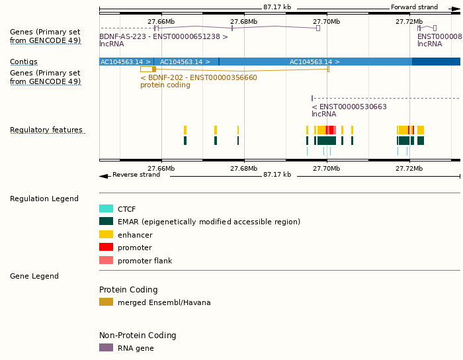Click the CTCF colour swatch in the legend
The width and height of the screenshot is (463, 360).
click(x=106, y=208)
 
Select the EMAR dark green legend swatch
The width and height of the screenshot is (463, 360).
click(x=106, y=221)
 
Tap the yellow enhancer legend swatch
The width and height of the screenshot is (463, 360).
click(x=106, y=234)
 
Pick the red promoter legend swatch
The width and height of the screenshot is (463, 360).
click(x=106, y=247)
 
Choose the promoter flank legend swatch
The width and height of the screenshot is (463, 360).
click(x=106, y=260)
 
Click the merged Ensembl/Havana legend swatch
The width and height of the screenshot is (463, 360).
click(x=106, y=302)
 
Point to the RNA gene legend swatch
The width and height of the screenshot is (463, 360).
click(x=106, y=347)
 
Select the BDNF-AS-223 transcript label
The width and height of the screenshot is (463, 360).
click(x=163, y=37)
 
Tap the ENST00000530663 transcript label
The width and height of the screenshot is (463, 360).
click(x=349, y=107)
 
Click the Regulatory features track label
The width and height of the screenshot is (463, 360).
click(x=46, y=130)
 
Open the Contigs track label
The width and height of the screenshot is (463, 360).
click(x=24, y=62)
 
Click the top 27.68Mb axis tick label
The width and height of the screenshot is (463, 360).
click(x=244, y=21)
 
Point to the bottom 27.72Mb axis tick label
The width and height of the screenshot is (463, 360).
click(x=409, y=168)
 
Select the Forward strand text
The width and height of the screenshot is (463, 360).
click(x=414, y=7)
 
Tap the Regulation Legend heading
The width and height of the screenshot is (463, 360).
click(x=44, y=199)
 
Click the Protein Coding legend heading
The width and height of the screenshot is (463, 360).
click(x=128, y=290)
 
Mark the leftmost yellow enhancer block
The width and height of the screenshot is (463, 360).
click(x=185, y=130)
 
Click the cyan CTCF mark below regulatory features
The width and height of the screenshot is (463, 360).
click(x=307, y=152)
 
